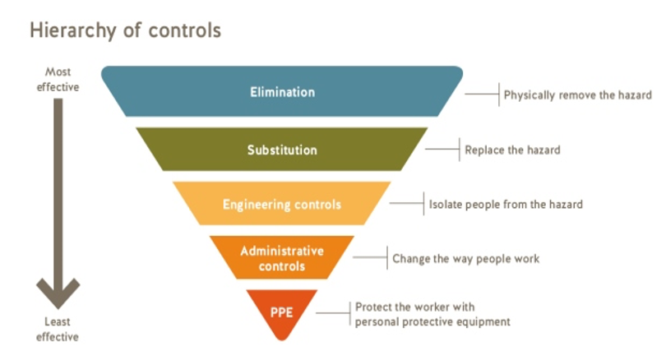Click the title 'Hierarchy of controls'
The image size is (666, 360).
coord(125,30)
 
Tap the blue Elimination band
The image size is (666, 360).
coord(282,91)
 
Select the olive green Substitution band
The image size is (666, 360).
coord(282,150)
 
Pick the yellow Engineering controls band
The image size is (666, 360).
coord(282,204)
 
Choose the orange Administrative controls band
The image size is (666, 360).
coord(282,258)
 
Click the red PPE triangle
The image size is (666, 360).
coord(281,312)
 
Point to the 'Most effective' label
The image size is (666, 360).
coord(58,80)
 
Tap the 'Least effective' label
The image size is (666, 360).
coord(58,330)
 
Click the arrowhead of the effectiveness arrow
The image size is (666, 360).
coord(58,293)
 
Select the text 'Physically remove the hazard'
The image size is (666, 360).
coord(578,95)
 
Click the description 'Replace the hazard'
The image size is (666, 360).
coord(513,150)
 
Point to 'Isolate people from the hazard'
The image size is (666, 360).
coord(506,204)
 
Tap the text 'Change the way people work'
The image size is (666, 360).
coord(466,259)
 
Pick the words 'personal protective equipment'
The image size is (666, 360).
coord(432,322)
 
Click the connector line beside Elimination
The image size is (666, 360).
coord(482,94)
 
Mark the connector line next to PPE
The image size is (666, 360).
coord(334,313)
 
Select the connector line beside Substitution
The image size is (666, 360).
coord(442,149)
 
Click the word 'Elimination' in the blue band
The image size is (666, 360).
coord(283,92)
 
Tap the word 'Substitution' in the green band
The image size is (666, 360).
coord(283,150)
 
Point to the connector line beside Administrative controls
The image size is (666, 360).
coord(370,257)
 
